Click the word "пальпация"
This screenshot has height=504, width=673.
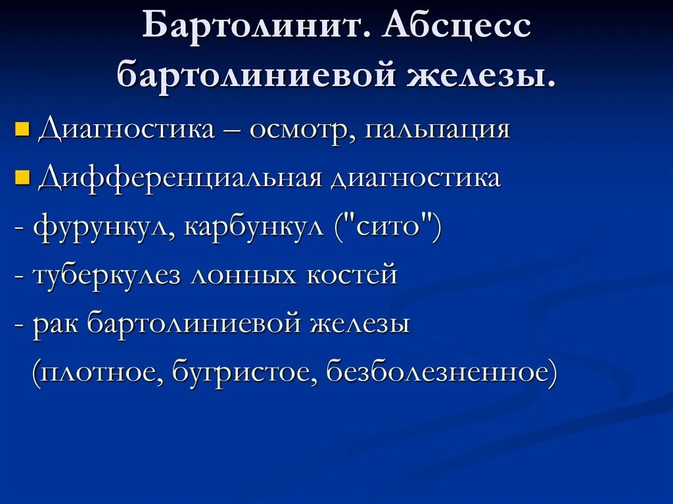click(438, 130)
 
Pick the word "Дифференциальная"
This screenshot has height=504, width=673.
click(179, 178)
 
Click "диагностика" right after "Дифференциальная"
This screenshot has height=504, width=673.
click(415, 178)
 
